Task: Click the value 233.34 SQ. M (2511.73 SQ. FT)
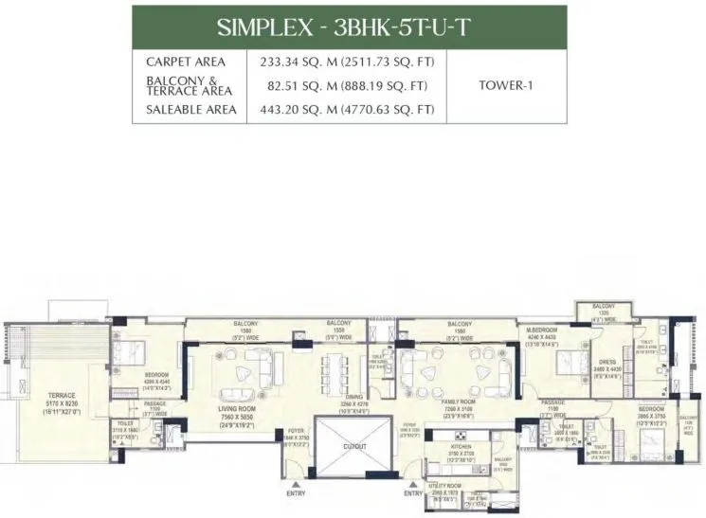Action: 346,62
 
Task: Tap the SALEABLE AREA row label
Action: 187,110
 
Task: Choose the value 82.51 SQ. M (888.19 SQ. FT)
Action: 346,85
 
